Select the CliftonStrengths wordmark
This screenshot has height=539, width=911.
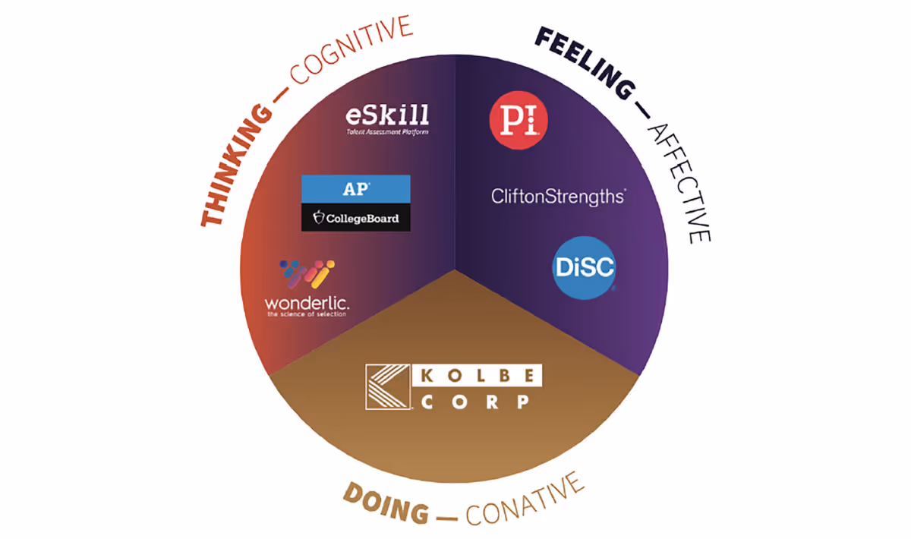coord(558,197)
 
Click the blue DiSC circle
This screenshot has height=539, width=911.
coord(584,268)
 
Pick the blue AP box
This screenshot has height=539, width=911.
coord(355,188)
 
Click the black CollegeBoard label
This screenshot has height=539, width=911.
coord(355,219)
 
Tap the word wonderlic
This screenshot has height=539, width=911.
coord(307,304)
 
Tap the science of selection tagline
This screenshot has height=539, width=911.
coord(307,314)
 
